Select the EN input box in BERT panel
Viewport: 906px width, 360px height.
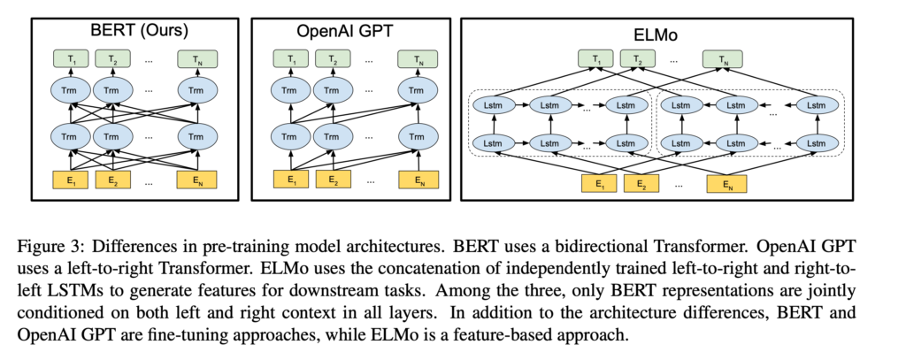coord(196,181)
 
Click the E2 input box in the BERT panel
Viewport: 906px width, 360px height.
coord(113,181)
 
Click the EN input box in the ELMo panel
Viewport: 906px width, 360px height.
coord(726,185)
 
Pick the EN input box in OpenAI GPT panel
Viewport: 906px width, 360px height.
coord(413,181)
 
